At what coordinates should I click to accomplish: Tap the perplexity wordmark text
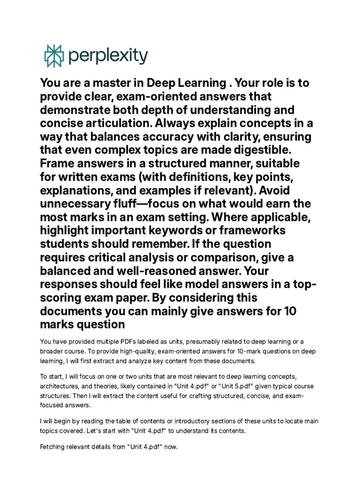point(108,56)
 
